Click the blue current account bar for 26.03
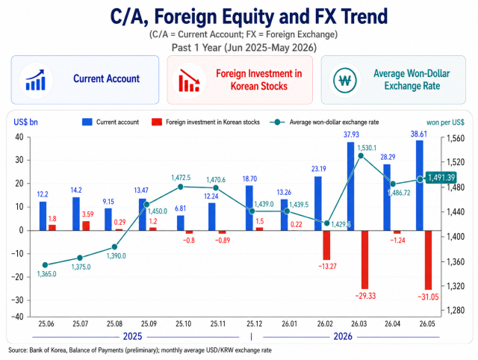(350, 186)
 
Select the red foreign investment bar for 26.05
(428, 260)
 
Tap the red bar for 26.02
(327, 245)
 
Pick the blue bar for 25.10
(181, 223)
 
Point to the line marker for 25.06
(45, 265)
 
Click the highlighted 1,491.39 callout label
(441, 178)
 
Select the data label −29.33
(365, 296)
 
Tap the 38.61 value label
(419, 134)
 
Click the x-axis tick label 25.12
(254, 323)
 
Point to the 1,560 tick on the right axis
(456, 139)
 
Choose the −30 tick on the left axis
(17, 300)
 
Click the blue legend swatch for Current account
(87, 122)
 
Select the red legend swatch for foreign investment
(156, 122)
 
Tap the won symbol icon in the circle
(345, 81)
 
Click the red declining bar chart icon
(189, 81)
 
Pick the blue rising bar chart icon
(35, 80)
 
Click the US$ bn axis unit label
(25, 122)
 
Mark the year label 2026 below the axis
(343, 337)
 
